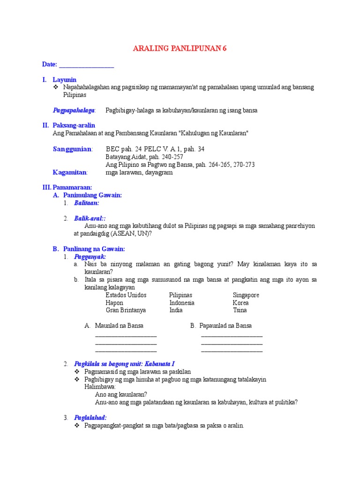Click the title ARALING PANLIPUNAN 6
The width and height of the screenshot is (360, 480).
180,49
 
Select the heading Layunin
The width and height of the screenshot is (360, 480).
65,80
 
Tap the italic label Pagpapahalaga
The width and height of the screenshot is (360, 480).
74,110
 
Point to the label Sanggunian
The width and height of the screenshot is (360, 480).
73,149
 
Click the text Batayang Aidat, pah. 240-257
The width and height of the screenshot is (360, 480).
144,157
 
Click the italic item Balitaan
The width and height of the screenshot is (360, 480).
87,203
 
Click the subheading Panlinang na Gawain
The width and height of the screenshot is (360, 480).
94,249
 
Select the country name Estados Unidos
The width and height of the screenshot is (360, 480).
126,295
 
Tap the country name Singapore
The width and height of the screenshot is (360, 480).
246,295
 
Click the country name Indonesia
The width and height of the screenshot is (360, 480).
182,303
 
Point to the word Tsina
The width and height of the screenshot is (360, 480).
240,310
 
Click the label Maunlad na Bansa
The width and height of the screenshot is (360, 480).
119,325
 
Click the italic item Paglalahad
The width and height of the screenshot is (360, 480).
90,417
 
